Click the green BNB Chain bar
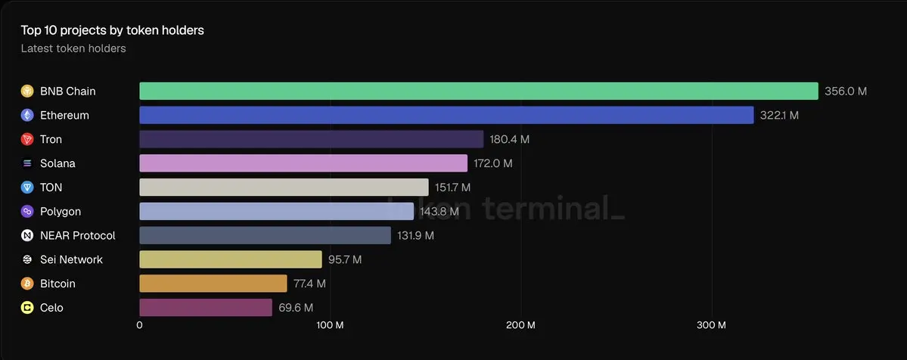(x=479, y=91)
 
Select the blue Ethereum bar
(x=446, y=115)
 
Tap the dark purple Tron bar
(x=311, y=139)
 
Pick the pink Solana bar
(x=303, y=163)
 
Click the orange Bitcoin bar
(x=213, y=284)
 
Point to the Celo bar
(x=205, y=307)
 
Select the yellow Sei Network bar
(x=230, y=259)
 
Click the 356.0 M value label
(x=846, y=92)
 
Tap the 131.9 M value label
(x=415, y=235)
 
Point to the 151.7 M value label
(x=453, y=188)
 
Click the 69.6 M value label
(x=296, y=308)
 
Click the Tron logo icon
(x=27, y=139)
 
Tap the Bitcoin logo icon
(x=27, y=284)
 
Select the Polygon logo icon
(x=27, y=212)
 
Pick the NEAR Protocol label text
(x=77, y=235)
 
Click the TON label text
(x=51, y=188)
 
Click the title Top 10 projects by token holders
(x=112, y=31)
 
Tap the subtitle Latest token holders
(x=73, y=48)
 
